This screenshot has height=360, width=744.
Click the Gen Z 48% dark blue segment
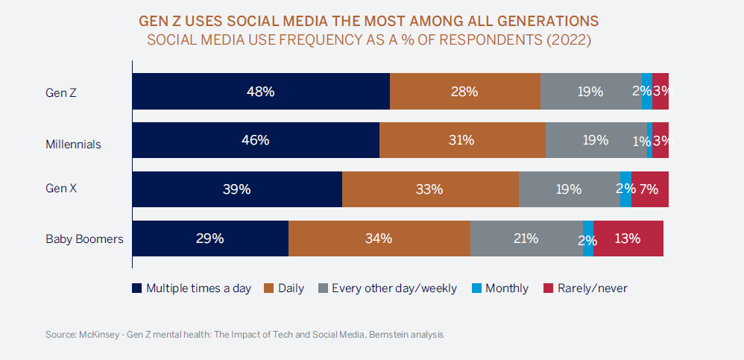(x=261, y=92)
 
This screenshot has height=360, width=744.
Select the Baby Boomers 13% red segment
(x=628, y=239)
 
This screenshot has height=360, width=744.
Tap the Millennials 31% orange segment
(x=462, y=140)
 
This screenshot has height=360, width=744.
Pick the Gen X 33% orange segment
(x=430, y=189)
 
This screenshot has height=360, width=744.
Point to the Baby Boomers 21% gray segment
(x=526, y=239)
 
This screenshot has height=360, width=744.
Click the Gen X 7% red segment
(x=649, y=189)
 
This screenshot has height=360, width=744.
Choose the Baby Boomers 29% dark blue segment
(x=210, y=239)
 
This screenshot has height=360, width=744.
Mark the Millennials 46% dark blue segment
(x=256, y=140)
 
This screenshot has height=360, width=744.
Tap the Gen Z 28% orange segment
(x=465, y=92)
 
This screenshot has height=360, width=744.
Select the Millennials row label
(x=73, y=144)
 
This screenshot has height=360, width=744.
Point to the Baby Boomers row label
(x=84, y=239)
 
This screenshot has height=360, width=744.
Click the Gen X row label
(x=61, y=189)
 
